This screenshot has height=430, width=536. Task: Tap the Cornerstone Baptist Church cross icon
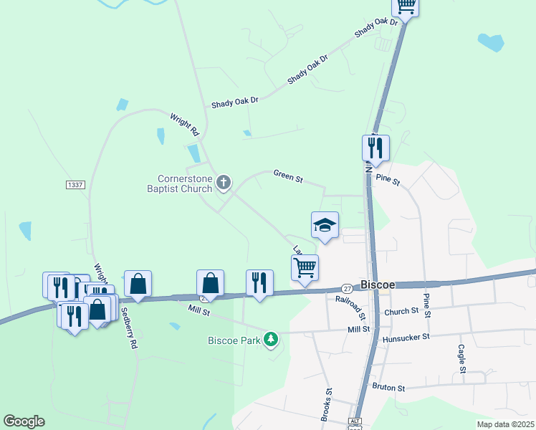pyautogui.click(x=224, y=183)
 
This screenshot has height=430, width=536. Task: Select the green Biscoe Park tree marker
pyautogui.click(x=271, y=338)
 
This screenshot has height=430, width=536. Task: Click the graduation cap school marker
pyautogui.click(x=325, y=226)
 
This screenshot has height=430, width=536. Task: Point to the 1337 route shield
pyautogui.click(x=75, y=185)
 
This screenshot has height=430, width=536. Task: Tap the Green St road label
pyautogui.click(x=287, y=176)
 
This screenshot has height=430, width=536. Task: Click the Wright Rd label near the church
pyautogui.click(x=184, y=124)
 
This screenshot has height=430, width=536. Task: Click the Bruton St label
pyautogui.click(x=388, y=388)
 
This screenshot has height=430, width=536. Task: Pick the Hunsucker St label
pyautogui.click(x=406, y=336)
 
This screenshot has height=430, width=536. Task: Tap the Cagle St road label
pyautogui.click(x=461, y=359)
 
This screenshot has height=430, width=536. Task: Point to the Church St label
pyautogui.click(x=401, y=311)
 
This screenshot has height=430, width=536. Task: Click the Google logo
pyautogui.click(x=24, y=421)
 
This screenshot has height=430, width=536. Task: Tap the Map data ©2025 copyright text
pyautogui.click(x=505, y=424)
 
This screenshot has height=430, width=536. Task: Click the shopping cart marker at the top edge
pyautogui.click(x=406, y=6)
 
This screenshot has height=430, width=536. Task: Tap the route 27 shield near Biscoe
pyautogui.click(x=346, y=287)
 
